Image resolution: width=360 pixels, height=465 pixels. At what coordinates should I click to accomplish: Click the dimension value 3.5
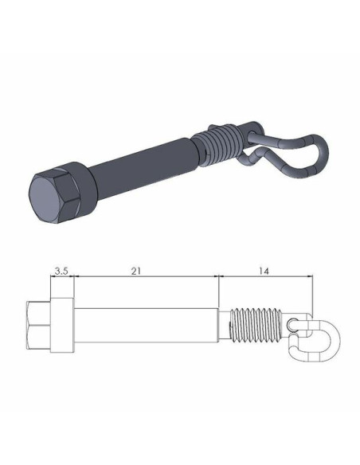(61, 271)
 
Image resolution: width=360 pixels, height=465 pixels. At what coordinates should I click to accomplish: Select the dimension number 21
(136, 271)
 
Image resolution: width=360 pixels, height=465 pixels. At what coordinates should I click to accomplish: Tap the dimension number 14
(264, 271)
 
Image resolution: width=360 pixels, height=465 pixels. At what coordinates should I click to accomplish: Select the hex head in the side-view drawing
(38, 327)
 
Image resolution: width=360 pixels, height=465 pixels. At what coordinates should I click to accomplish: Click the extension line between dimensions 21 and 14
(218, 291)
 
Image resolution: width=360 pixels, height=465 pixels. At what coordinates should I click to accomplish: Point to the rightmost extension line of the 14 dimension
(311, 295)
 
